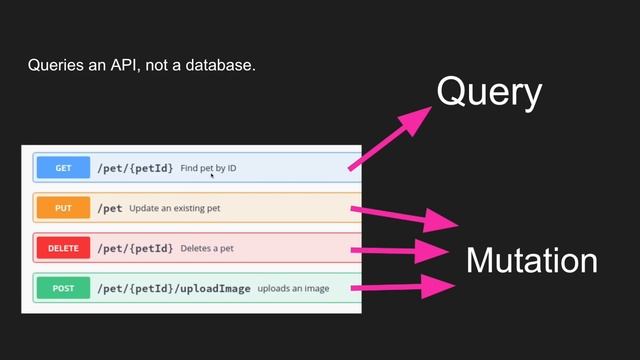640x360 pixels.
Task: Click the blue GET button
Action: tap(63, 168)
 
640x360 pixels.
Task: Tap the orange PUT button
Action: tap(63, 208)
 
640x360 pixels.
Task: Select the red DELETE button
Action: tap(63, 248)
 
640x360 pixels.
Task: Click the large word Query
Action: tap(489, 93)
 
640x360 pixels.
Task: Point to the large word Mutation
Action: tap(531, 261)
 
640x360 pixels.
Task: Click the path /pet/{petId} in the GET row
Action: tap(135, 168)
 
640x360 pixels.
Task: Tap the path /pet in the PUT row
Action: tap(110, 208)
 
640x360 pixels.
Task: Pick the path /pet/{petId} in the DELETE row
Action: tap(135, 248)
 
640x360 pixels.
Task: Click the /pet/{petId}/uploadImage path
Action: tap(174, 288)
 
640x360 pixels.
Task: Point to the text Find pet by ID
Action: tap(208, 168)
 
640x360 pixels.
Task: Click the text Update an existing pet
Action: tap(175, 208)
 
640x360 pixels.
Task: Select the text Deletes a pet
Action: tap(208, 248)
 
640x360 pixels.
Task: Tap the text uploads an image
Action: tap(293, 288)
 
